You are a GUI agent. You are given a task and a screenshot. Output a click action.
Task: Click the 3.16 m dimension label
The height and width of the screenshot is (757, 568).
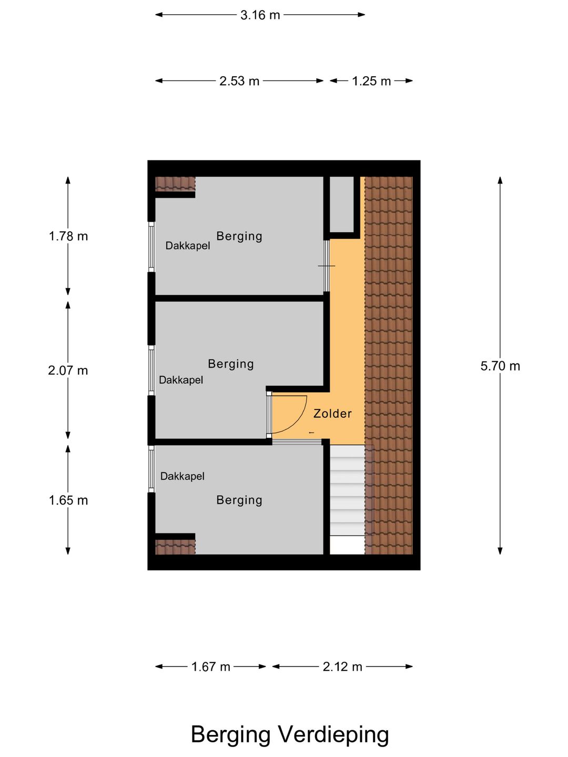(x=260, y=15)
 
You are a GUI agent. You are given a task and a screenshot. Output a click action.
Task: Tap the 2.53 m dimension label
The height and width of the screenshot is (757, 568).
(x=239, y=81)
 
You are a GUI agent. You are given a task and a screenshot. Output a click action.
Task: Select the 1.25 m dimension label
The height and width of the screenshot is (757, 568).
(x=371, y=81)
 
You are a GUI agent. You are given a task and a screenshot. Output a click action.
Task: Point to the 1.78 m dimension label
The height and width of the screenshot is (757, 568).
(x=68, y=236)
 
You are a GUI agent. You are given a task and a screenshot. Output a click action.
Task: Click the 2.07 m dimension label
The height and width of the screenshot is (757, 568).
(x=68, y=371)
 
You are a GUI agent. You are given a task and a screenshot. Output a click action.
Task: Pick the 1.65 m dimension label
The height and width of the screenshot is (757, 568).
(x=68, y=500)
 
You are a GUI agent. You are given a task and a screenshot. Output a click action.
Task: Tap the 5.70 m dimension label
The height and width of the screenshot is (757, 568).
(x=500, y=366)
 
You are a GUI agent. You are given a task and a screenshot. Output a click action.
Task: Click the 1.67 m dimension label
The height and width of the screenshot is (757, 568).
(x=210, y=667)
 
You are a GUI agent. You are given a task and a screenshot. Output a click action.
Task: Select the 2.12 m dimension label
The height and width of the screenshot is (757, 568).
(x=342, y=667)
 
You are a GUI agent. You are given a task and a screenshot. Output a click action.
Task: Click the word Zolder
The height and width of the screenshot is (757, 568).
(x=332, y=414)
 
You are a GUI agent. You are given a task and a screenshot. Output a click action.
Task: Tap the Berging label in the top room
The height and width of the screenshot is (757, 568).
(x=239, y=236)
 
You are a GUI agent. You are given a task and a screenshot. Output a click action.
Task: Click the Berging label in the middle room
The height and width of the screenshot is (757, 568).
(x=231, y=364)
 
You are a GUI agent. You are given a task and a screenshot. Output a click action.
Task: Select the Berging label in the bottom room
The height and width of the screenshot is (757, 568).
(x=239, y=500)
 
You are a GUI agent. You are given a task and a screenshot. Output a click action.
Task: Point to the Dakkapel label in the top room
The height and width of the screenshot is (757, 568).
(x=188, y=245)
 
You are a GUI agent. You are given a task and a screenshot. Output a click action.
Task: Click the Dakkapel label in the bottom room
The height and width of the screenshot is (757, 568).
(x=182, y=476)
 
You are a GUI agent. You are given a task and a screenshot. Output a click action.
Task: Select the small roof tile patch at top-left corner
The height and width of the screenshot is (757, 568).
(x=175, y=184)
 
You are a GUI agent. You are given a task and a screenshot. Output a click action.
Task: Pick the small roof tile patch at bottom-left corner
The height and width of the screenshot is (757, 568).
(x=175, y=547)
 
